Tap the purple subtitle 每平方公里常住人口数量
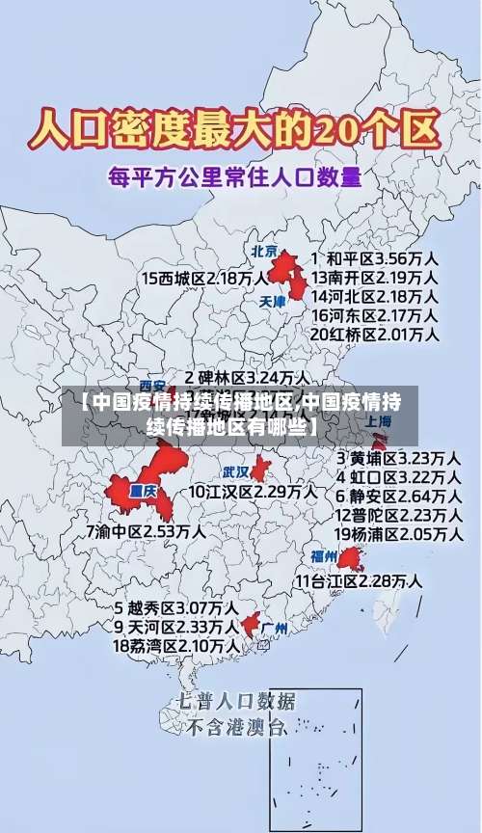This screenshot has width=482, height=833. tap(235, 176)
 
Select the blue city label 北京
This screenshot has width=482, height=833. tap(263, 252)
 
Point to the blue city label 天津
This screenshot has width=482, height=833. tap(273, 301)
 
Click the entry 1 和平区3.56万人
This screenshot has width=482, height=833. tap(374, 258)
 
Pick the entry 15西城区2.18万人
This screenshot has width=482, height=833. tap(203, 278)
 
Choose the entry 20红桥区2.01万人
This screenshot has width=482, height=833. tap(374, 335)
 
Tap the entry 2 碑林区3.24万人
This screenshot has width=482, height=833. tap(247, 377)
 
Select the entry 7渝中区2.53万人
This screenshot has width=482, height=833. tap(145, 530)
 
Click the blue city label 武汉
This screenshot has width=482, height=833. tap(235, 472)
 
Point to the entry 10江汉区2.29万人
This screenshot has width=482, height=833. tap(252, 492)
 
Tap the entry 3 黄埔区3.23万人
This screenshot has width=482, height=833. tap(396, 457)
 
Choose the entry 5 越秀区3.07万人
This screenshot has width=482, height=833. tap(176, 608)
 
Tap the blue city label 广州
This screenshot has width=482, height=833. tap(275, 628)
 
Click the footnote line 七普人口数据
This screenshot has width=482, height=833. tap(235, 700)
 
